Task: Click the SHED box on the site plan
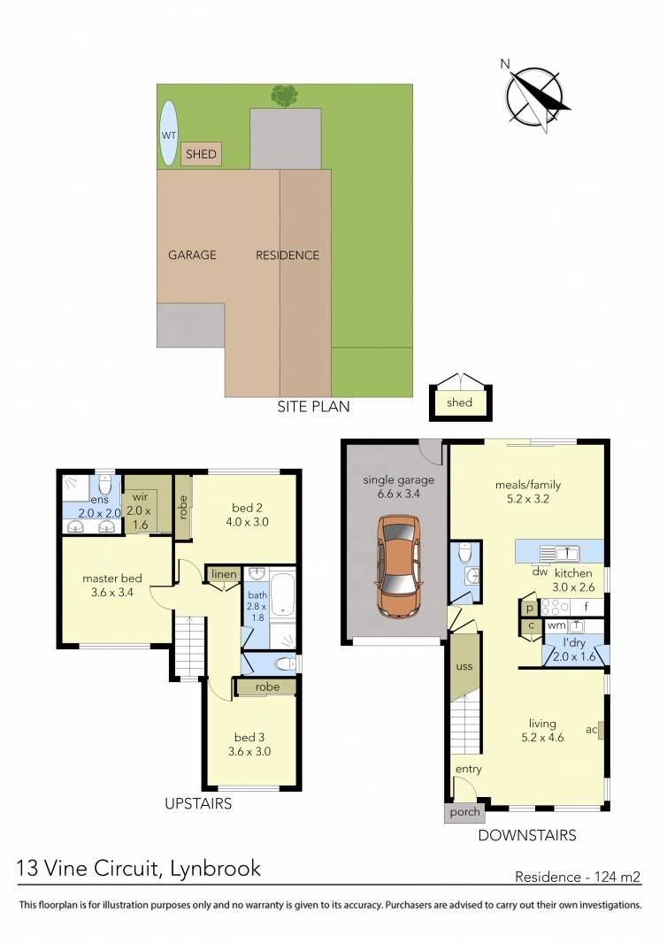tap(201, 155)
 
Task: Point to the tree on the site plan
tap(284, 94)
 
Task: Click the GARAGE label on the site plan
tap(192, 255)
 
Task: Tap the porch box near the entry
tap(464, 812)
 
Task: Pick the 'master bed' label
tap(112, 579)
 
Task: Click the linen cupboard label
tap(224, 574)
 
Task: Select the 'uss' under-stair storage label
tap(464, 666)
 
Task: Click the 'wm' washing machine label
tap(556, 625)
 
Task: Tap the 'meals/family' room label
tap(527, 484)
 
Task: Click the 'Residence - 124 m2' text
tap(577, 878)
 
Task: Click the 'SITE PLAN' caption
tap(313, 407)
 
